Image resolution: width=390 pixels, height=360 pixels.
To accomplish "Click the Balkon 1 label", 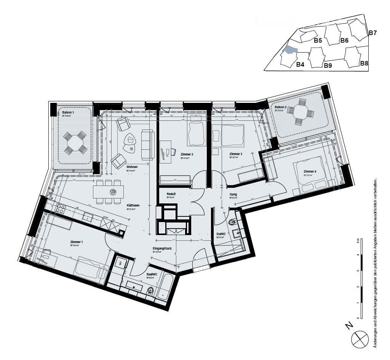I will click(68, 112).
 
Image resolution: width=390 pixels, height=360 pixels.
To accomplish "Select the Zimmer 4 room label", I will click(310, 171).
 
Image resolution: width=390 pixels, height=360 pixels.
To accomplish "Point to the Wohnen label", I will click(132, 167).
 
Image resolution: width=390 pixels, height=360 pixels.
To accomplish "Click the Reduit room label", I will click(171, 194).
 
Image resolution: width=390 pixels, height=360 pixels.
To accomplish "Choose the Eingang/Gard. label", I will click(162, 248).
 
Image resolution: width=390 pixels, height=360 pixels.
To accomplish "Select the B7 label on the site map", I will click(372, 33).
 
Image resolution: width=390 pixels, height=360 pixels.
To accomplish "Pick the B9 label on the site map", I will click(328, 66).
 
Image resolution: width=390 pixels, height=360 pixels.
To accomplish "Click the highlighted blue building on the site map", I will click(290, 50).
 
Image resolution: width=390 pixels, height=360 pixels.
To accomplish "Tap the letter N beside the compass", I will click(348, 326).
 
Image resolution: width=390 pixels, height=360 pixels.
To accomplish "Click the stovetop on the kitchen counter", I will click(60, 208).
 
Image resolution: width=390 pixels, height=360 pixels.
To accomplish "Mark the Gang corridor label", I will click(233, 194).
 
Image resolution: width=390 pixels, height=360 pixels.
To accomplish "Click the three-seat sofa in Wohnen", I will click(148, 144).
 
